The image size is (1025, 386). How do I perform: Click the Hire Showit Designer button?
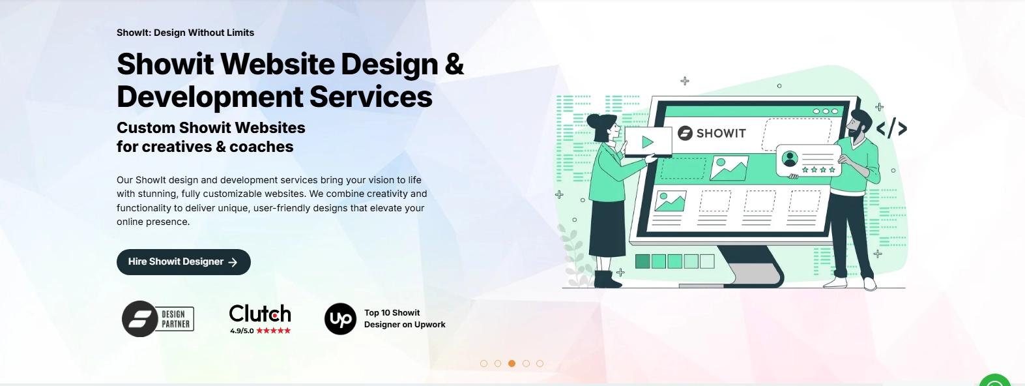pyautogui.click(x=184, y=262)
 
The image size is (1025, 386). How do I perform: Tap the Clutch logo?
pyautogui.click(x=260, y=314)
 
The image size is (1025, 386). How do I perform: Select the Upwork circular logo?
pyautogui.click(x=340, y=319)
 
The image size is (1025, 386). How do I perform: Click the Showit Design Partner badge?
pyautogui.click(x=158, y=319)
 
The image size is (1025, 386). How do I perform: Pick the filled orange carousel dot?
pyautogui.click(x=512, y=364)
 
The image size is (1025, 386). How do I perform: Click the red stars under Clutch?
pyautogui.click(x=273, y=331)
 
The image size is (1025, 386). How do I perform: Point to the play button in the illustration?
pyautogui.click(x=648, y=142)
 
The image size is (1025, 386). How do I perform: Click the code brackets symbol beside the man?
pyautogui.click(x=891, y=128)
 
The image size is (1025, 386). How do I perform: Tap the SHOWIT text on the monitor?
pyautogui.click(x=721, y=133)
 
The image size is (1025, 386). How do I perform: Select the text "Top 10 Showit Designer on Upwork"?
pyautogui.click(x=405, y=319)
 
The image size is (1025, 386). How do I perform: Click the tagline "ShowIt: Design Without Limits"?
pyautogui.click(x=185, y=33)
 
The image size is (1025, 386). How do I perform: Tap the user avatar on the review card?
pyautogui.click(x=790, y=158)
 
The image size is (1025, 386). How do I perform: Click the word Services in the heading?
pyautogui.click(x=371, y=96)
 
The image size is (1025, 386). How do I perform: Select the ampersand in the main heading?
pyautogui.click(x=454, y=64)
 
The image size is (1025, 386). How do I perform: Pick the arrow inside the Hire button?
pyautogui.click(x=233, y=262)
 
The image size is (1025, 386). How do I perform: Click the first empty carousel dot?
pyautogui.click(x=484, y=364)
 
